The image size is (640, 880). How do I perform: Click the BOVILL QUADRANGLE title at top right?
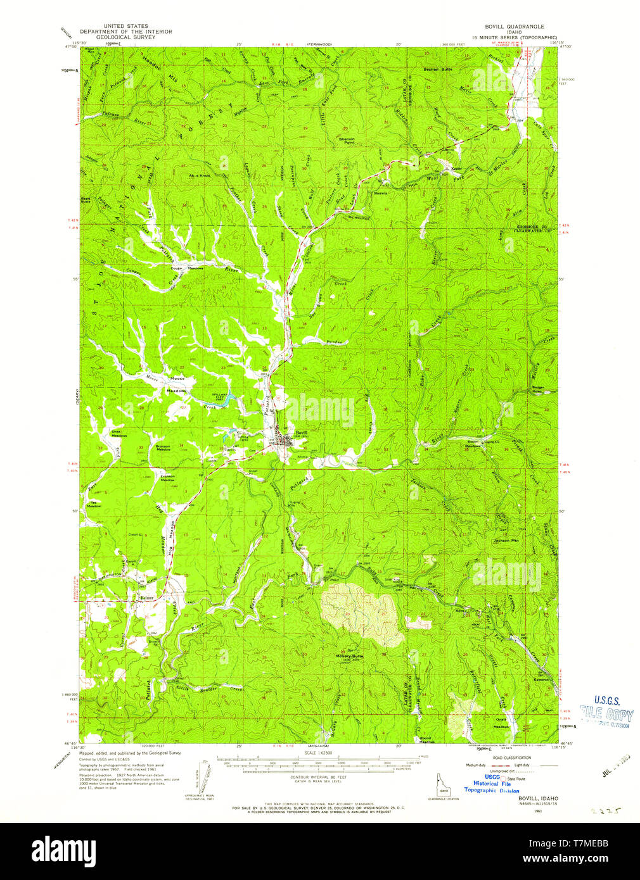tap(514, 27)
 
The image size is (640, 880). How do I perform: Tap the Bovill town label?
tap(301, 432)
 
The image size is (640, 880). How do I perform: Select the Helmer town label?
tap(147, 596)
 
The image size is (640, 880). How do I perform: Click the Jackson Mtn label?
tap(506, 541)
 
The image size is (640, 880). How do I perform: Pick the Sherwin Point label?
tap(347, 141)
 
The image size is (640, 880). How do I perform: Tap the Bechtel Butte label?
tap(437, 68)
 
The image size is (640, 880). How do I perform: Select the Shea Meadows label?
tap(119, 434)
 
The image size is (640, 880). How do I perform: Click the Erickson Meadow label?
tap(167, 479)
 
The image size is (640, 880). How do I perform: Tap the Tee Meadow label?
tap(94, 504)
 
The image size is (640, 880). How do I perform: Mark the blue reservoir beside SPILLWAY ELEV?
tap(232, 400)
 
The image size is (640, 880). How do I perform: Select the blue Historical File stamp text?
tap(492, 783)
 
